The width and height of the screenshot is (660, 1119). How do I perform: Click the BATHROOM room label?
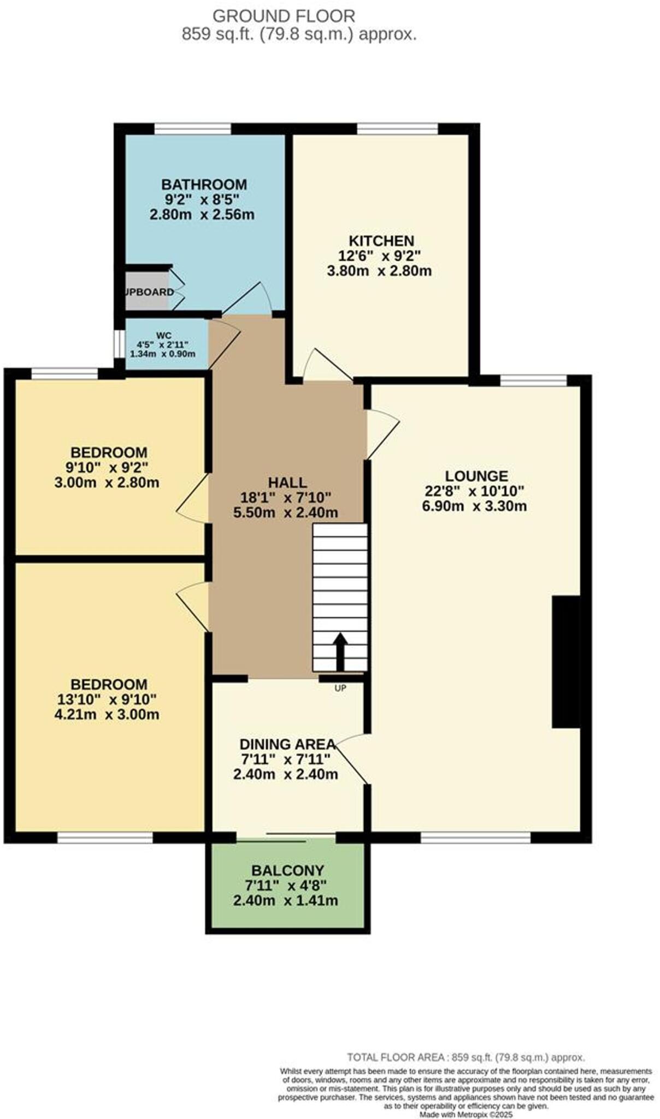pyautogui.click(x=203, y=184)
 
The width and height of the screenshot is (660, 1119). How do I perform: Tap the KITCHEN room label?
pyautogui.click(x=381, y=240)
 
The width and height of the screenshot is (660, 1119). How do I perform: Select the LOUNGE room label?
pyautogui.click(x=476, y=476)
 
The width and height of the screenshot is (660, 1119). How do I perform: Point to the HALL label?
pyautogui.click(x=287, y=482)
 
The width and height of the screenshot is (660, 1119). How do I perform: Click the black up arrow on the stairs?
pyautogui.click(x=340, y=650)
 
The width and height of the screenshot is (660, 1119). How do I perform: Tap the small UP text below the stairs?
pyautogui.click(x=340, y=688)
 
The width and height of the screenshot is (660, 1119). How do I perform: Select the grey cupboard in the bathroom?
pyautogui.click(x=146, y=292)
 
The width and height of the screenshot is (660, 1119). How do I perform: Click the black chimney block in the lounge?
pyautogui.click(x=566, y=662)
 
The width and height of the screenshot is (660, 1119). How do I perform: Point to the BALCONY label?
pyautogui.click(x=287, y=870)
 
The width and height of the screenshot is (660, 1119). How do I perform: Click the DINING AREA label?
pyautogui.click(x=287, y=744)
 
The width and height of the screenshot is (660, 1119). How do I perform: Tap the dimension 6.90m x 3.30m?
pyautogui.click(x=474, y=506)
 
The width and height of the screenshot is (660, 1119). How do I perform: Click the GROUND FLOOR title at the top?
pyautogui.click(x=284, y=16)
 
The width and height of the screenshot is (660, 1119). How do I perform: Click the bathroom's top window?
pyautogui.click(x=192, y=129)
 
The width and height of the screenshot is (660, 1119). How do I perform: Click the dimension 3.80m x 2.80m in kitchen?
pyautogui.click(x=379, y=270)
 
